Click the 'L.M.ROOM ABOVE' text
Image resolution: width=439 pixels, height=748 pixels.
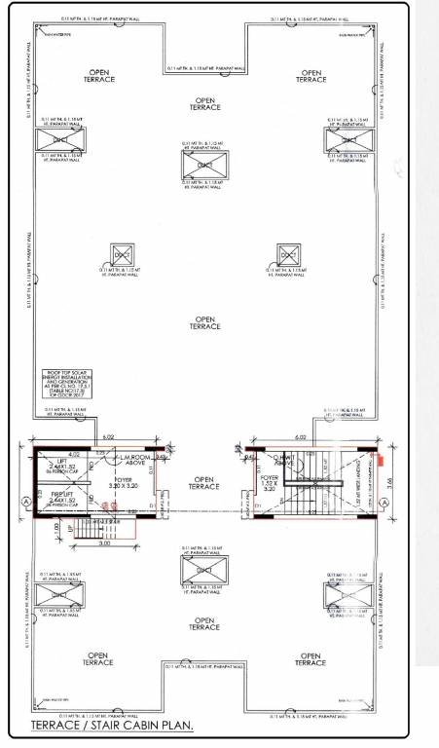pyautogui.click(x=133, y=459)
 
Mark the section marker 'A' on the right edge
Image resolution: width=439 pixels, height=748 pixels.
pyautogui.click(x=388, y=501)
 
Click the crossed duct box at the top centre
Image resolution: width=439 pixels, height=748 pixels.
pyautogui.click(x=204, y=166)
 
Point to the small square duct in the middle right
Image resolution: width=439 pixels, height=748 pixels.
pyautogui.click(x=286, y=255)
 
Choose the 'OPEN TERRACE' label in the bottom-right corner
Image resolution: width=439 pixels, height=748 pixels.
pyautogui.click(x=311, y=659)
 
